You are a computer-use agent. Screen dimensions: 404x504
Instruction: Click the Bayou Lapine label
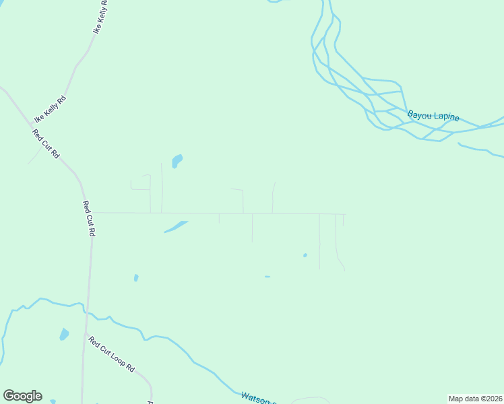(433, 116)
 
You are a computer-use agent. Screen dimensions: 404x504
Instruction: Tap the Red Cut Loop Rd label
(112, 355)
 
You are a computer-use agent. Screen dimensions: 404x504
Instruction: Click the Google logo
(22, 396)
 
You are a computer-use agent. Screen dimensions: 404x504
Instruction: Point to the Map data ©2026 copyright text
(475, 399)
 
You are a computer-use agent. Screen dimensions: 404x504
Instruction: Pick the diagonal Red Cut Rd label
(46, 143)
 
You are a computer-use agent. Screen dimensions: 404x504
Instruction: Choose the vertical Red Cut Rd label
(89, 217)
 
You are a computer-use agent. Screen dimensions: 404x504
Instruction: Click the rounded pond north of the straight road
(177, 161)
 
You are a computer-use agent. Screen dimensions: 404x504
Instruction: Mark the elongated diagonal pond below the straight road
(176, 226)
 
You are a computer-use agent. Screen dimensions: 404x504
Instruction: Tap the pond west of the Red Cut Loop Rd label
(64, 334)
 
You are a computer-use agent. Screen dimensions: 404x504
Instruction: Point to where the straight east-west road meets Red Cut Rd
(90, 213)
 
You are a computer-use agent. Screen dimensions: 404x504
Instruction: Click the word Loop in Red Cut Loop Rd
(117, 360)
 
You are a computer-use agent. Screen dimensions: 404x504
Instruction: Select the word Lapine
(445, 117)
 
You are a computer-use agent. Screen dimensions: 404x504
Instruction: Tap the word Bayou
(418, 114)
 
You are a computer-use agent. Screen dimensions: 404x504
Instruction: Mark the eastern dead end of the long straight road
(346, 215)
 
